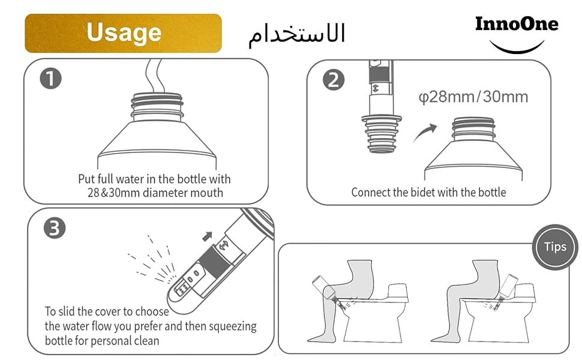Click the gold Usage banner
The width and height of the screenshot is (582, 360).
[123, 34]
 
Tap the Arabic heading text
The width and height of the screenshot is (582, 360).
[296, 35]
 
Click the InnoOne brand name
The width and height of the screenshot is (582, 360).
[517, 24]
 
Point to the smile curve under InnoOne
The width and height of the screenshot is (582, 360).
[517, 49]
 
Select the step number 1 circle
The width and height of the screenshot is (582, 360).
[50, 79]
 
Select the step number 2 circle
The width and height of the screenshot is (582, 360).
[334, 80]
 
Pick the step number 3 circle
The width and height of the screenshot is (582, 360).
[55, 228]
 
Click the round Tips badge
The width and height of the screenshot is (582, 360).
[555, 247]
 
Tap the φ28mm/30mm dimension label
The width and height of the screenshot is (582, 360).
[473, 97]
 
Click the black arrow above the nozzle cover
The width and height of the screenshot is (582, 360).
[207, 236]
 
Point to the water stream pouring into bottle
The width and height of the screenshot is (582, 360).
[154, 76]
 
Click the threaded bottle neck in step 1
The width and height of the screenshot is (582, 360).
[157, 107]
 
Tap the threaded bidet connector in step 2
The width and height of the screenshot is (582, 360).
[382, 134]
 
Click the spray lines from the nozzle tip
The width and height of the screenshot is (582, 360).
[153, 261]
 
